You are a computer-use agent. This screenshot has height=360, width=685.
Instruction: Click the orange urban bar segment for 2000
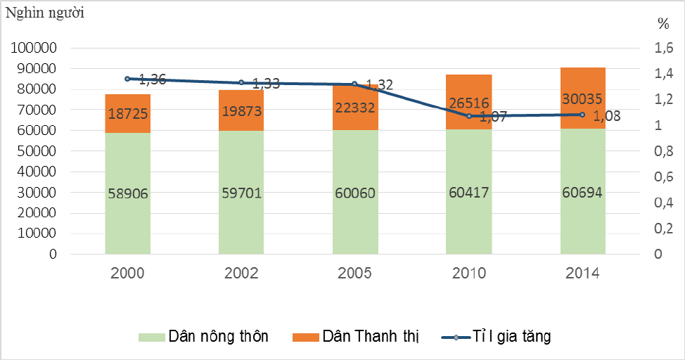[128, 114]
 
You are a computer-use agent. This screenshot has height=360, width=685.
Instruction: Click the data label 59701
[241, 193]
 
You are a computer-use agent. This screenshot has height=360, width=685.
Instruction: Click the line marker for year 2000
[128, 79]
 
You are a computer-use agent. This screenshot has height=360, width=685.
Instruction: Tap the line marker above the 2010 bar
[469, 115]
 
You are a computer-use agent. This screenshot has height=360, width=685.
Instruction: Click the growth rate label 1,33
[265, 84]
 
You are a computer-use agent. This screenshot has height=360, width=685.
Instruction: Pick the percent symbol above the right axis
[663, 23]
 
